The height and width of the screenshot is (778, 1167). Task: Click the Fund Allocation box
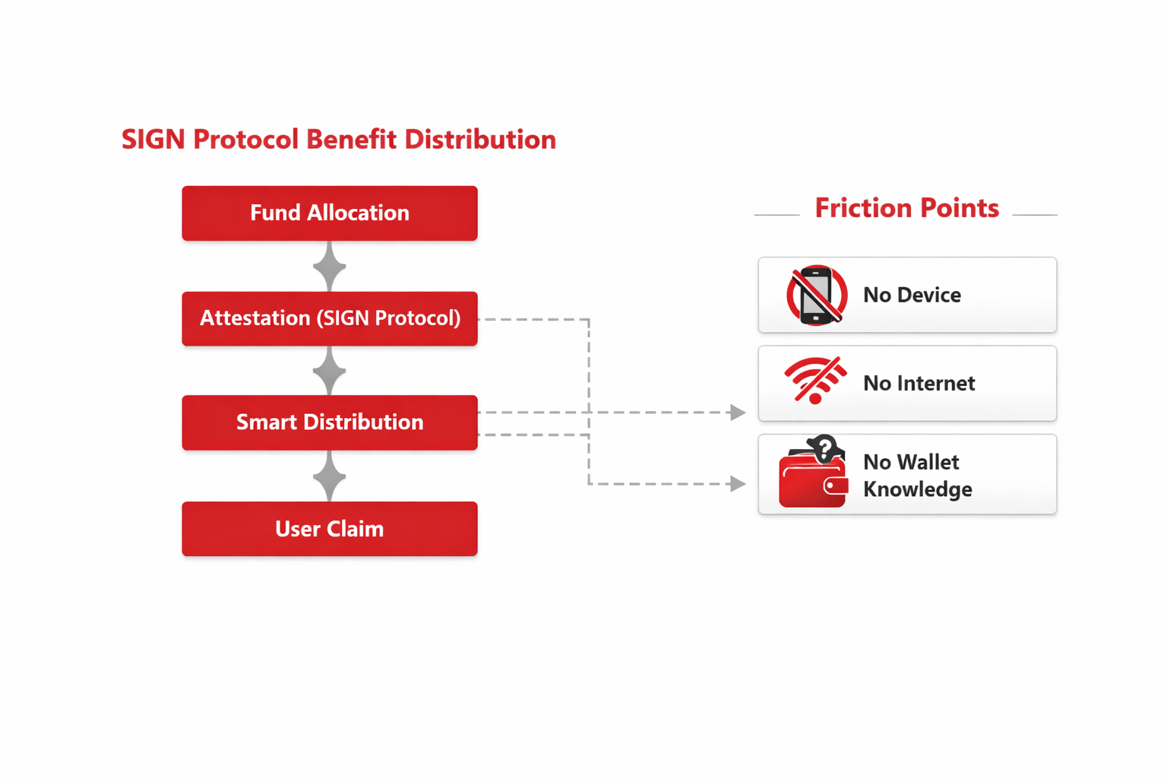329,213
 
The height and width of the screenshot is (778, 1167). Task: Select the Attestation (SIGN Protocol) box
329,318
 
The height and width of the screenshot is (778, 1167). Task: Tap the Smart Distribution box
329,422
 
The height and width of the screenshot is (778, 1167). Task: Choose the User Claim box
329,529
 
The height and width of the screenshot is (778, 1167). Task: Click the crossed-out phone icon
817,295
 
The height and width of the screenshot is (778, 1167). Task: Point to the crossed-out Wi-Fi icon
815,379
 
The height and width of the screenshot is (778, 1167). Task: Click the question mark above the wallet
824,448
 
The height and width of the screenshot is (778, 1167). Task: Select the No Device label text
912,295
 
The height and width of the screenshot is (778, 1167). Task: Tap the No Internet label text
919,383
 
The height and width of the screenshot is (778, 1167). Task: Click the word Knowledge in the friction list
918,489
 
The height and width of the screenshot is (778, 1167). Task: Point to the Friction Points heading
906,208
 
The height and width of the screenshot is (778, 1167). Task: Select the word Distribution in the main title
480,140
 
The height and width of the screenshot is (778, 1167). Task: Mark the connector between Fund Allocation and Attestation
329,267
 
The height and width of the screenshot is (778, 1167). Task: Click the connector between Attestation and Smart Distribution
329,371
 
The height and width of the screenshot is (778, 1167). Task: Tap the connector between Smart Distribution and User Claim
329,476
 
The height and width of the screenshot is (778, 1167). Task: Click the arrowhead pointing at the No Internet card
737,413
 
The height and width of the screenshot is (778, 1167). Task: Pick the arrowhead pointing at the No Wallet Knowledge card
737,484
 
